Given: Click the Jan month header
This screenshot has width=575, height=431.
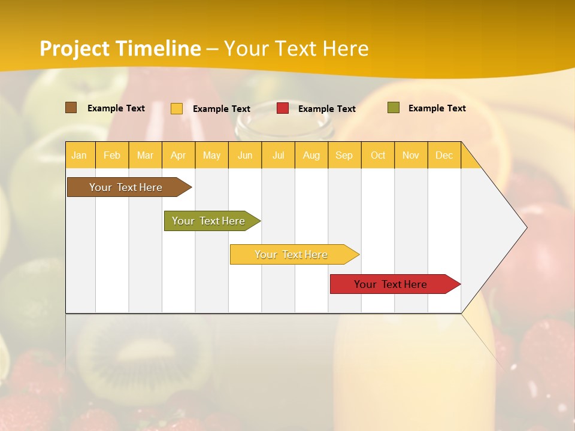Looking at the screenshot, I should coord(80,155).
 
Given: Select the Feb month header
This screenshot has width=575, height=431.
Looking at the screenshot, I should coord(112,155).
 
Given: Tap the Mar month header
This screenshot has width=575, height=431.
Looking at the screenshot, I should coord(145,155).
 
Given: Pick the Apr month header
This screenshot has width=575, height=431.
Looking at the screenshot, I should coord(178,155).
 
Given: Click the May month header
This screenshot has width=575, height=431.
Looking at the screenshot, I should coord(211,155).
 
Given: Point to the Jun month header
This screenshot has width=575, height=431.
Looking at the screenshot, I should coord(245,155).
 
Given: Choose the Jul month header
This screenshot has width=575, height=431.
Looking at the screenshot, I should coord(278,155).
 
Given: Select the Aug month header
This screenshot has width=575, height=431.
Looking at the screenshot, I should coord(311,155).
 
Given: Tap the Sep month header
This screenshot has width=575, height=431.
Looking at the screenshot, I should coord(344,155).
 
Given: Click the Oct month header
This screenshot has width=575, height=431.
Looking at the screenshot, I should coord(378,155).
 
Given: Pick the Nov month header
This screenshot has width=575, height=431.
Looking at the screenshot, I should coord(411,155).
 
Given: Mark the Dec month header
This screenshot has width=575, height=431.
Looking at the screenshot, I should coord(444,155).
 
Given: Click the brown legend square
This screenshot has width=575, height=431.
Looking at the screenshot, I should coord(71,108).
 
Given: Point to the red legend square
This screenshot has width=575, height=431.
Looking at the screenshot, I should coord(283,108).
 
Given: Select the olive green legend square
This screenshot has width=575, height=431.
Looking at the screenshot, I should coord(394,108).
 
